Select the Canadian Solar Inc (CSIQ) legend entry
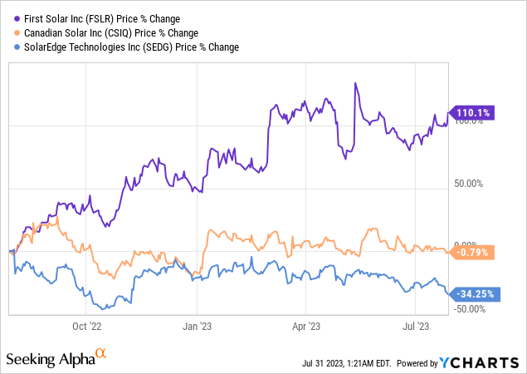click(110, 32)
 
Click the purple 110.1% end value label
click(471, 113)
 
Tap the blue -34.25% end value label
click(474, 293)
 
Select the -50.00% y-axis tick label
click(471, 309)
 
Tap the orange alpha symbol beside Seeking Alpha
click(101, 353)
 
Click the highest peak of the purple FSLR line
click(355, 83)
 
